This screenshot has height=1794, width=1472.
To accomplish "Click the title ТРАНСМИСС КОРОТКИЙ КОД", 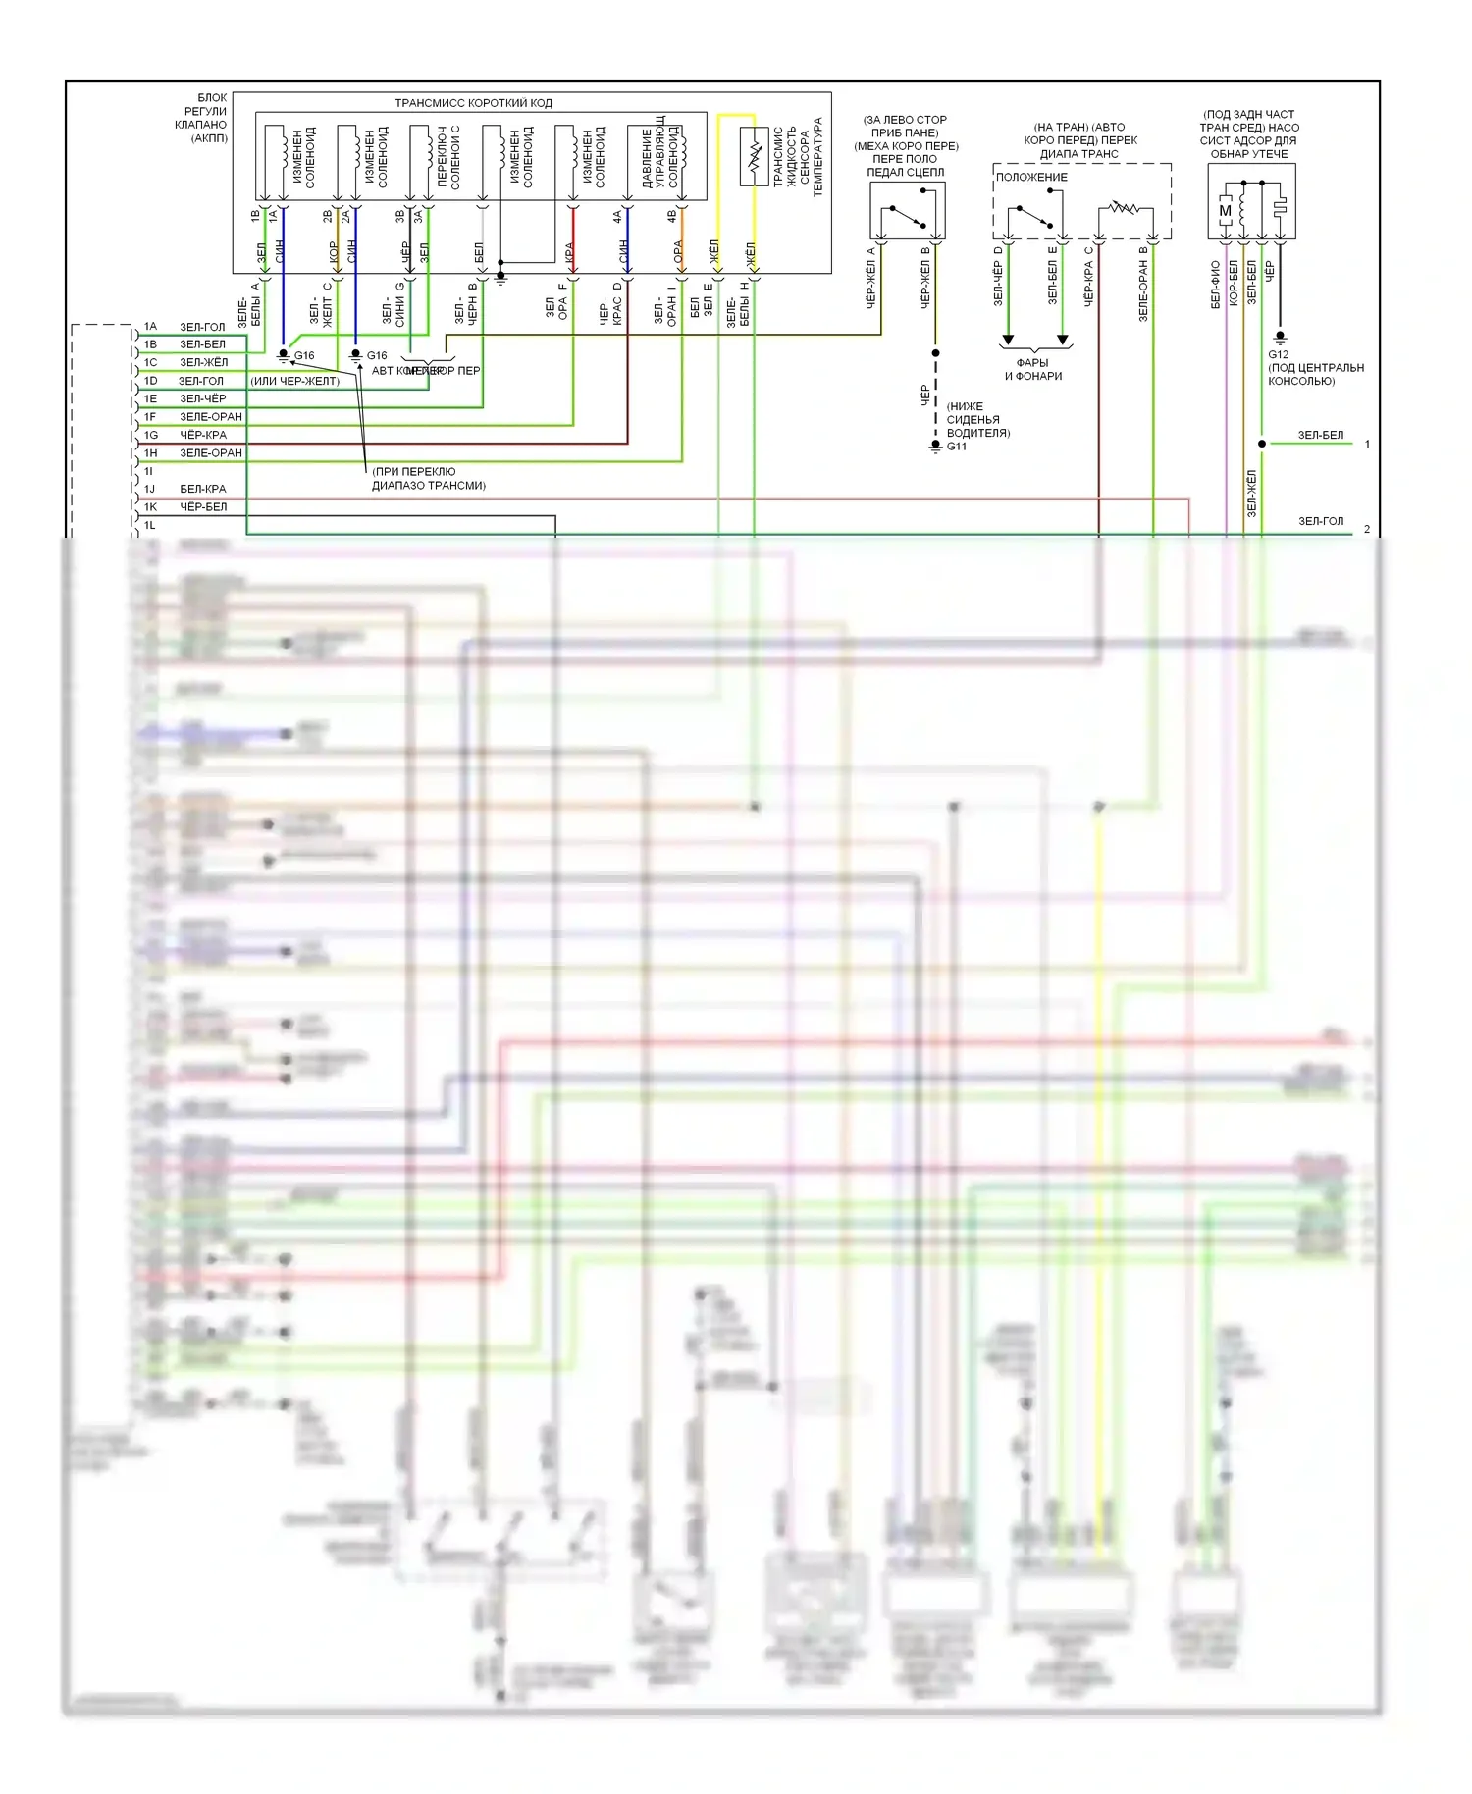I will coord(473,103).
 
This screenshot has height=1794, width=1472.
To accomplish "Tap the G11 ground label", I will coord(956,447).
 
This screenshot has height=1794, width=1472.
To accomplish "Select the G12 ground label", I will coord(1278,354).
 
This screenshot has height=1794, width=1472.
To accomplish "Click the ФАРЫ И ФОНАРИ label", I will coord(1032,369).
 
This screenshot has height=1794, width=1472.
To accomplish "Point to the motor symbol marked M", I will coord(1225,210).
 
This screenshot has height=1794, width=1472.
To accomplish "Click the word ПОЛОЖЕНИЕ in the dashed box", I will coord(1031,177).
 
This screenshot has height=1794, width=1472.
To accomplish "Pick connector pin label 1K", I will coord(150,507).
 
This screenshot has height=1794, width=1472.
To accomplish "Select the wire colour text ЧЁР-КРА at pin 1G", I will coord(203,435).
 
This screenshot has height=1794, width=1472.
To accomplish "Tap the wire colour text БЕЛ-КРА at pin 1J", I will coord(203,489).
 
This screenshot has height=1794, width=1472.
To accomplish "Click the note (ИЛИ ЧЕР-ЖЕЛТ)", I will coord(295,381).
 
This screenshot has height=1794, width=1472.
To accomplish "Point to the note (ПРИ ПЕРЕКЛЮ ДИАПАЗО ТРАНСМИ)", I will coord(428,478).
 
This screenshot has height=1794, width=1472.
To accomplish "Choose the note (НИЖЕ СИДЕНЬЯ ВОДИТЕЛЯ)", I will coord(977,419).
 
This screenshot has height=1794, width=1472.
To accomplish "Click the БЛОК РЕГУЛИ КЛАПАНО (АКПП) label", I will coord(201,118).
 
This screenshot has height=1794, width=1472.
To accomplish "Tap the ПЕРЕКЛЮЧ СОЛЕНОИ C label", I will coord(448,157).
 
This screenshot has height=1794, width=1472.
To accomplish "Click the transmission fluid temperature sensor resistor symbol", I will coord(754,157).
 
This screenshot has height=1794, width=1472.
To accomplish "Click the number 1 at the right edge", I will coord(1367,444).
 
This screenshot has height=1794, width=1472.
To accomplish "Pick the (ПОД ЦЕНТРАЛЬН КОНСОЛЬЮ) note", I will coord(1315,374).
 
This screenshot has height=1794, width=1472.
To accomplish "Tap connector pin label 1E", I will coord(150,398).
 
